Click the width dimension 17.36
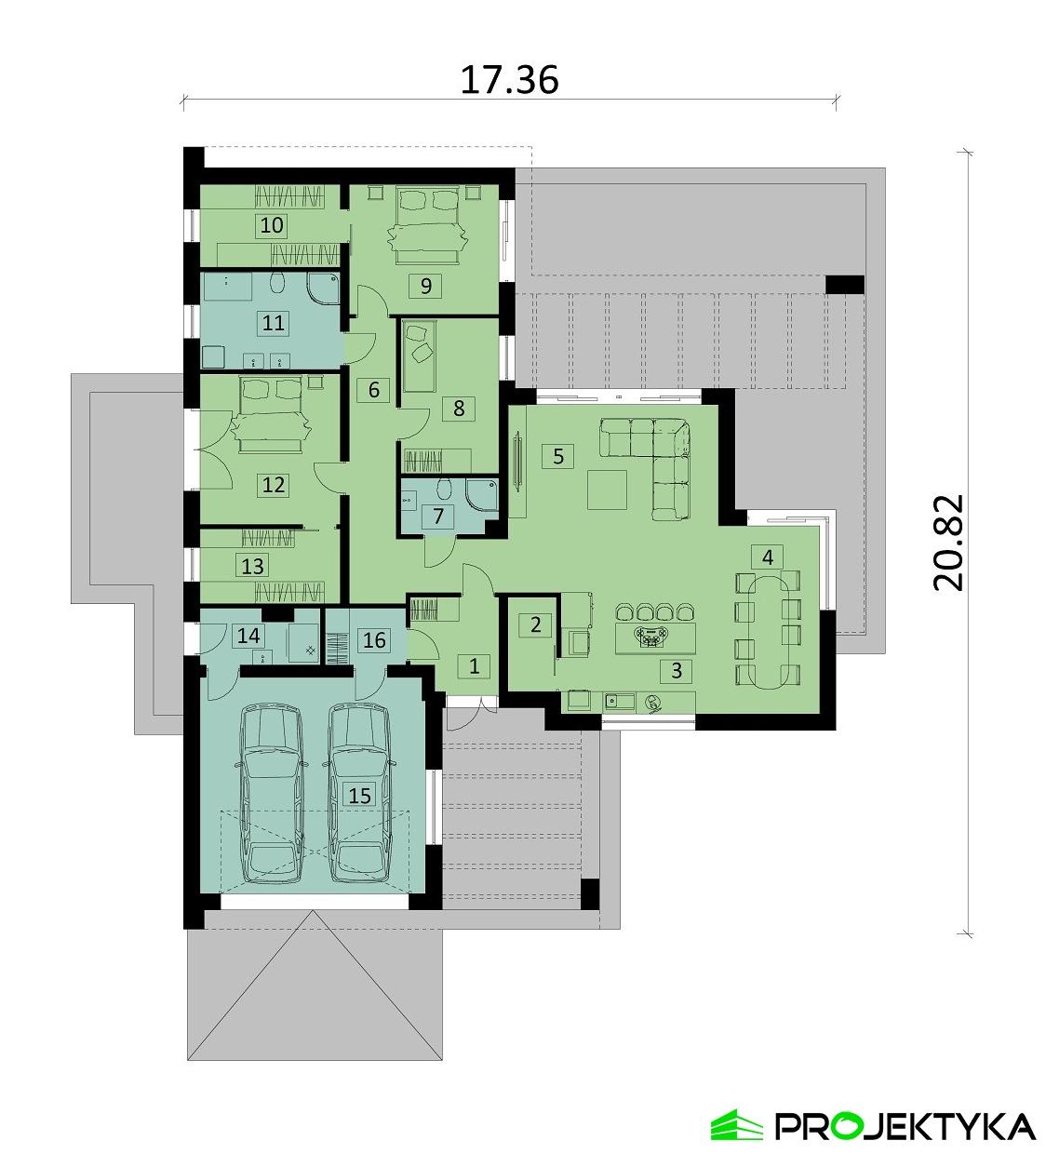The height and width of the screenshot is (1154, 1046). click(510, 81)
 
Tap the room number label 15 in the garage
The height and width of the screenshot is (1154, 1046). click(359, 795)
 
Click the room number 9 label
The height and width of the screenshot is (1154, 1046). click(425, 286)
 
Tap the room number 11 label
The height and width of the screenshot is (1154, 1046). click(274, 323)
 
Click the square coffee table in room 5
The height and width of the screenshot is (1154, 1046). click(609, 489)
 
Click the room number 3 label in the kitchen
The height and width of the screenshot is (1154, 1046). click(677, 669)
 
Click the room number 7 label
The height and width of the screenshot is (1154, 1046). click(436, 517)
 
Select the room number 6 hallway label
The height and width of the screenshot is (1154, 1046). click(373, 390)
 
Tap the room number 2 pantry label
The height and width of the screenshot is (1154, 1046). click(535, 624)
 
